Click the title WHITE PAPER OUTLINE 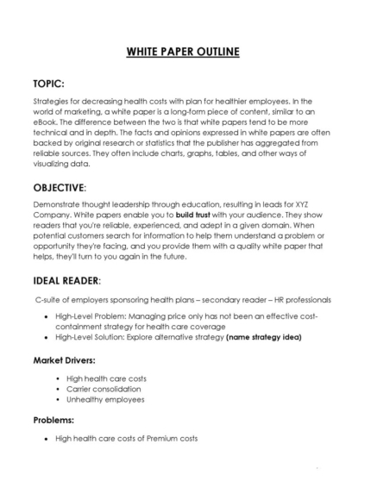pos(188,51)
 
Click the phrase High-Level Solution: pos(88,338)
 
